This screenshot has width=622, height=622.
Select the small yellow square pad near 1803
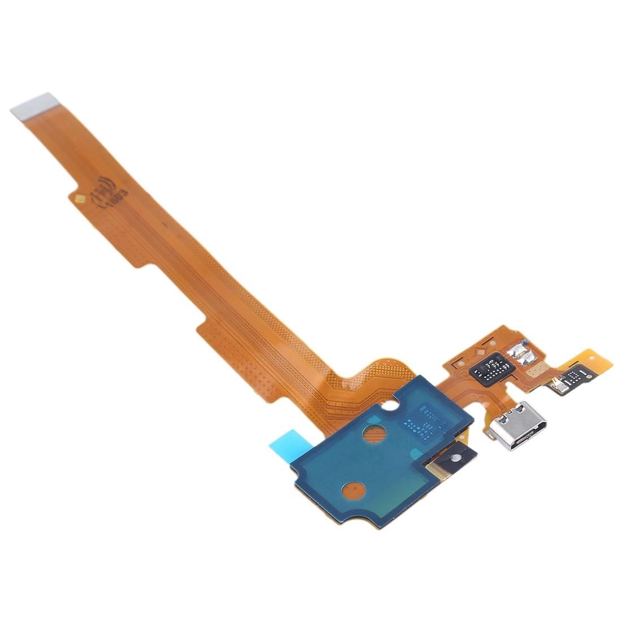[80, 198]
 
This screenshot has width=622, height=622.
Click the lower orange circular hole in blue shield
[354, 489]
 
